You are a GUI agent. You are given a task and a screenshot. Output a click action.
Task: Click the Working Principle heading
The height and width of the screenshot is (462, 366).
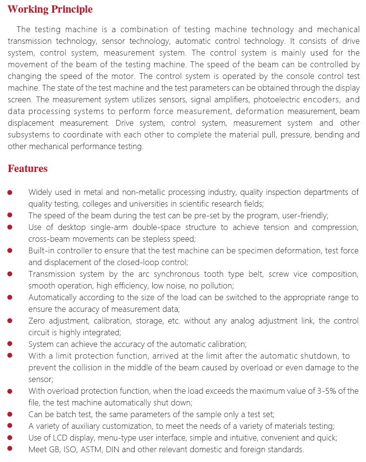[50, 9]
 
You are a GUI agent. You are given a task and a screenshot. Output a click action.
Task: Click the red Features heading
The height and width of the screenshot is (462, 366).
[27, 169]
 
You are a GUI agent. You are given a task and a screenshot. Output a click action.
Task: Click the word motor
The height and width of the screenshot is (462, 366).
[122, 76]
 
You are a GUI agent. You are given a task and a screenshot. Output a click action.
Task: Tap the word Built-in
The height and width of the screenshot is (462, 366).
[41, 250]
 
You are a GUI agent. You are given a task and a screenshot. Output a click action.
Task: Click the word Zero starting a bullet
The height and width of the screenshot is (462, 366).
[37, 321]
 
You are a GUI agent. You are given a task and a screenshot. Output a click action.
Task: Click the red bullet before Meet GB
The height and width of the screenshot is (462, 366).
[10, 449]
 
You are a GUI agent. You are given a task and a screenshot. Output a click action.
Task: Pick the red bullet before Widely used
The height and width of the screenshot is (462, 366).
[10, 192]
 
